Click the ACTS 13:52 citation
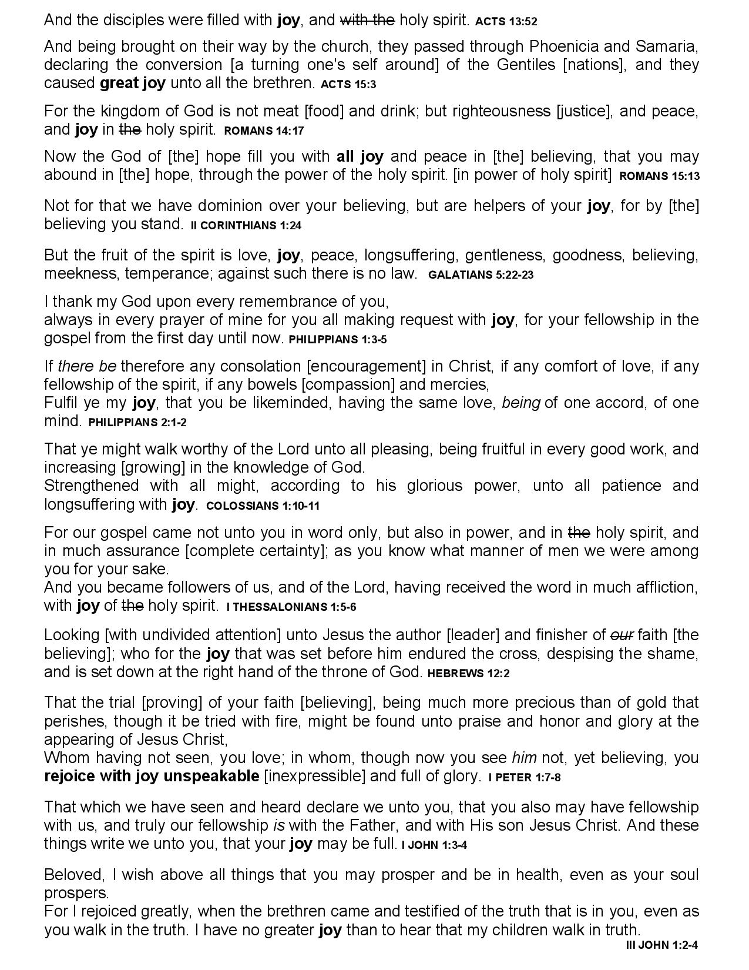point(506,22)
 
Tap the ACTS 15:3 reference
point(348,84)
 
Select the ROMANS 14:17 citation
point(264,131)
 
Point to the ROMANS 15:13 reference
point(659,176)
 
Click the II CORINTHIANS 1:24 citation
point(246,225)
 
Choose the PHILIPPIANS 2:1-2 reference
point(137,423)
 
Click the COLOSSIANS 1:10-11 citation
point(263,506)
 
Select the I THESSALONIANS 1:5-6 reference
point(291,607)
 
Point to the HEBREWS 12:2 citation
point(468,674)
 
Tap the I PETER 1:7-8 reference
point(524,777)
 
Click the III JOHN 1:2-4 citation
point(662,945)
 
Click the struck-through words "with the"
point(367,21)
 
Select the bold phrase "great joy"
point(133,83)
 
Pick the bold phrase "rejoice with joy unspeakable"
point(152,776)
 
